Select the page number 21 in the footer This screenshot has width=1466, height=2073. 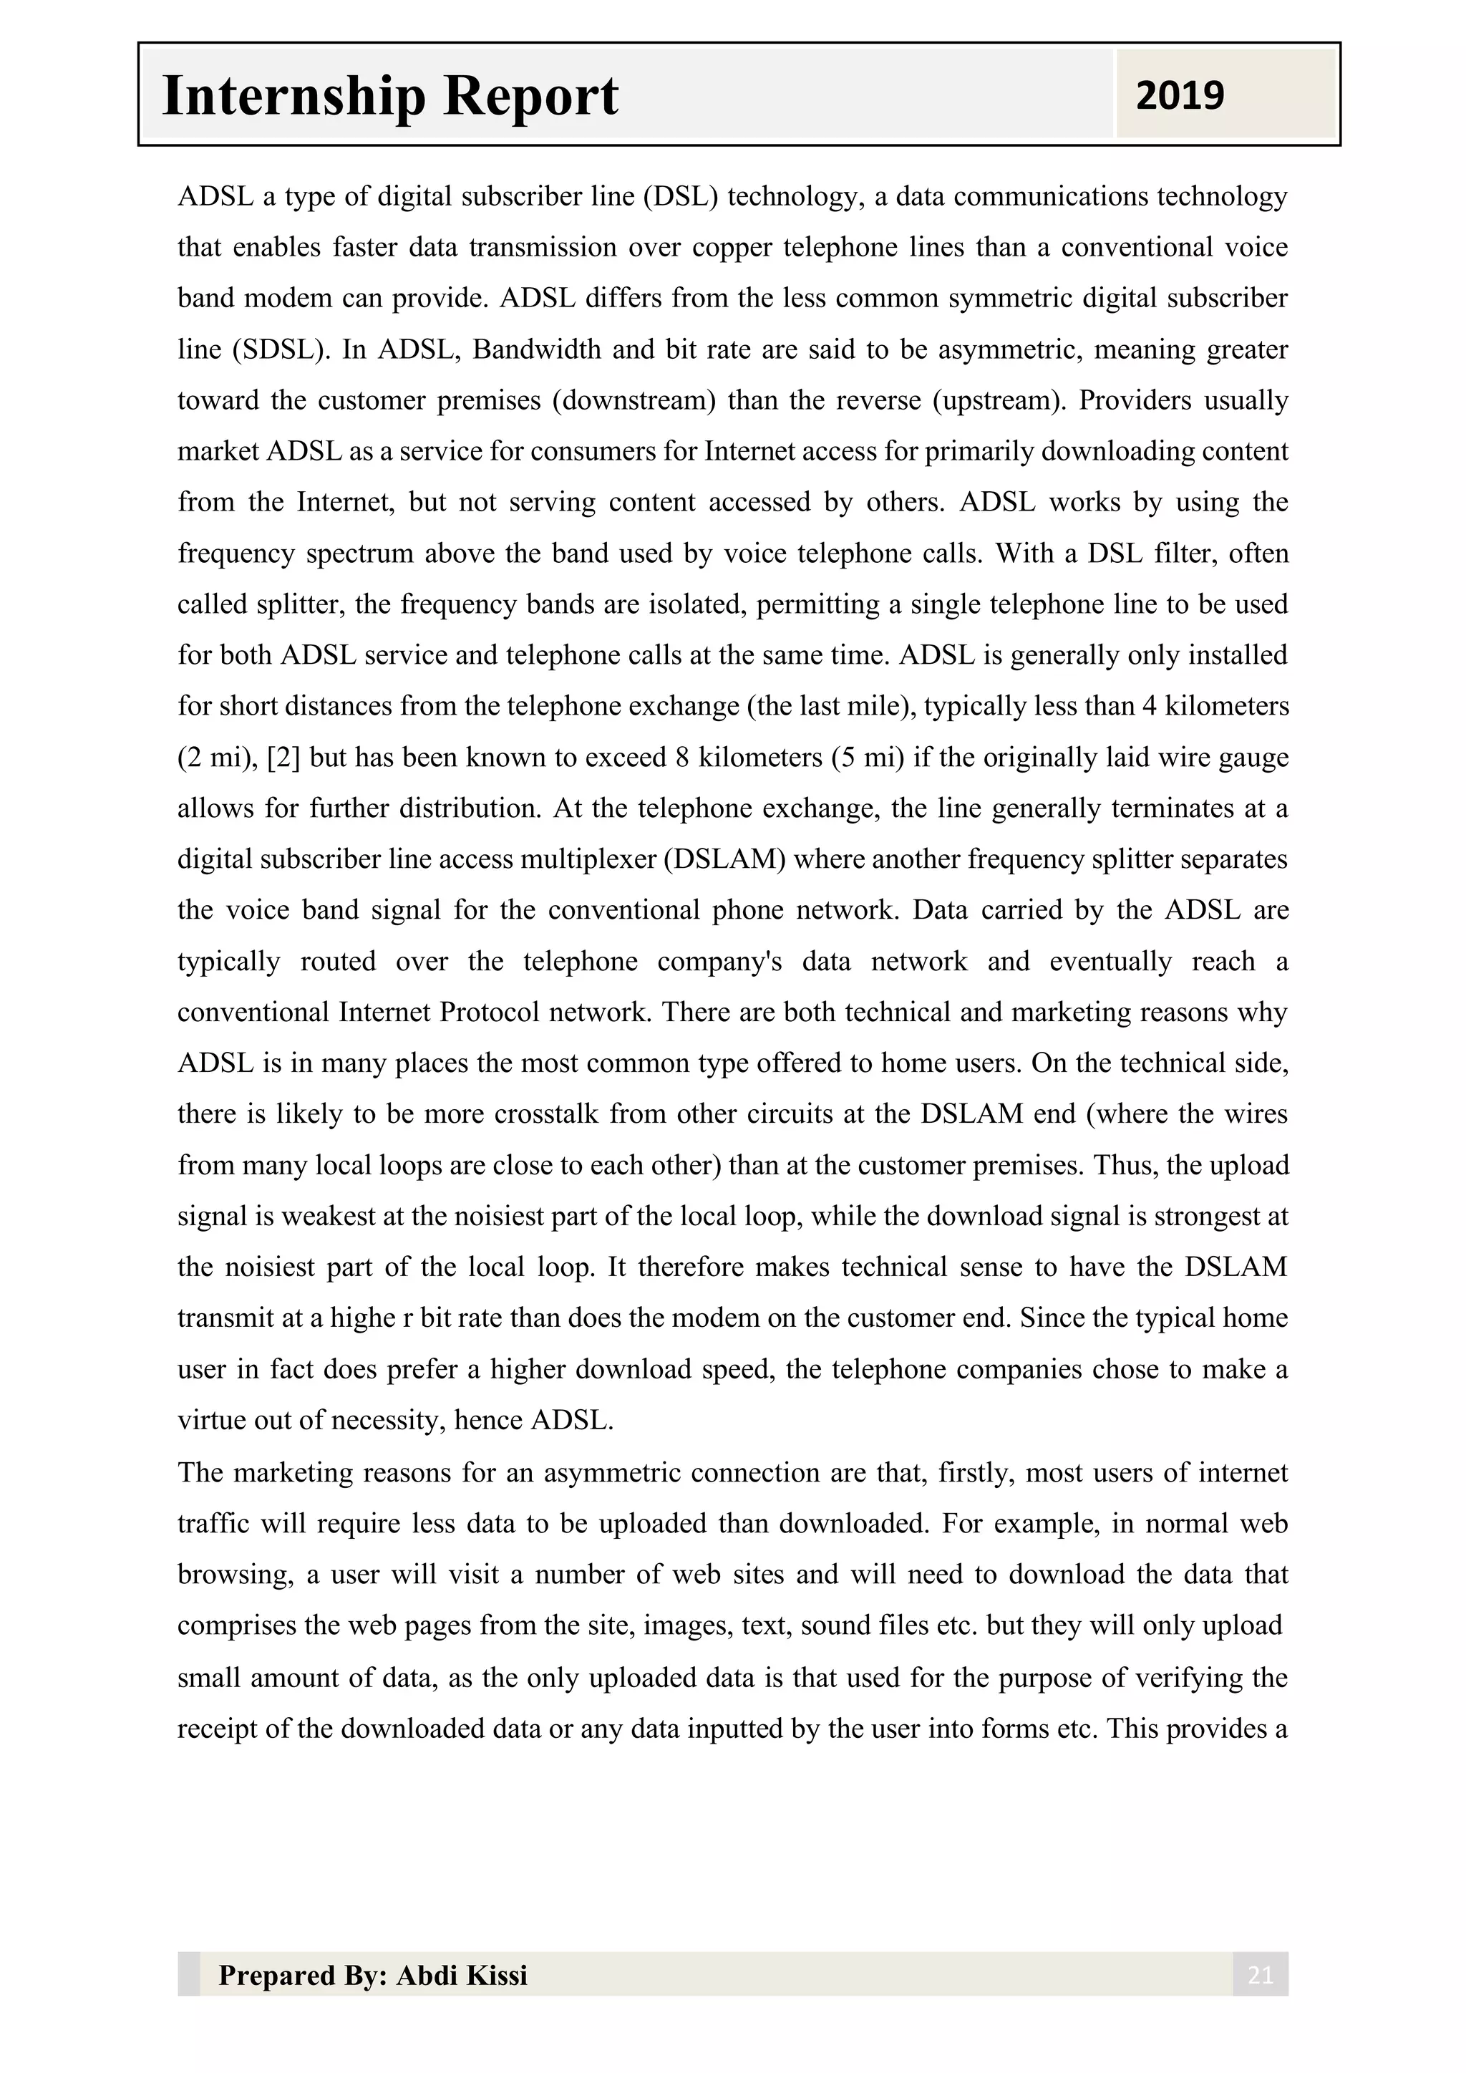click(x=1259, y=1976)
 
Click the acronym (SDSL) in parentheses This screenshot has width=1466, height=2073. click(x=281, y=349)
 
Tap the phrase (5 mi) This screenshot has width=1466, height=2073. click(x=868, y=757)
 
